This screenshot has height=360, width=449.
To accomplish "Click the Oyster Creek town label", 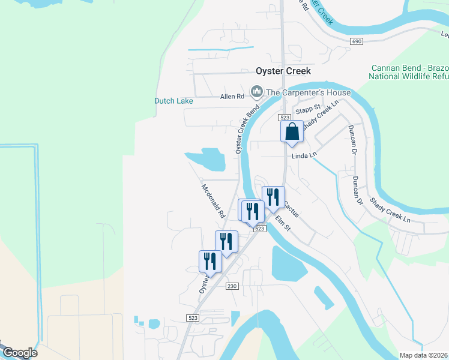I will [283, 71].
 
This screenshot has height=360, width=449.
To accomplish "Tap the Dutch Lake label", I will [173, 101].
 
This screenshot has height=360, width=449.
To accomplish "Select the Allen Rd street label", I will [232, 96].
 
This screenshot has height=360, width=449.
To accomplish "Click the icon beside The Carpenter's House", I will [257, 92].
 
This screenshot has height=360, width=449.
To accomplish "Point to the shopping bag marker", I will [292, 131].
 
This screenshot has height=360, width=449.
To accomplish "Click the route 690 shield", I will [357, 41].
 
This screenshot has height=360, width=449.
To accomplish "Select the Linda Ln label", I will [304, 155].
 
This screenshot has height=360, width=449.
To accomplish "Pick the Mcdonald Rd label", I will [212, 200].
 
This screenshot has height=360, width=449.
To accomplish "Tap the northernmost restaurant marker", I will [273, 197].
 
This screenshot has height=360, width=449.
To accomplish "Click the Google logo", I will [20, 353].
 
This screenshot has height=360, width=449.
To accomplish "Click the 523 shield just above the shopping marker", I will [285, 118].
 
